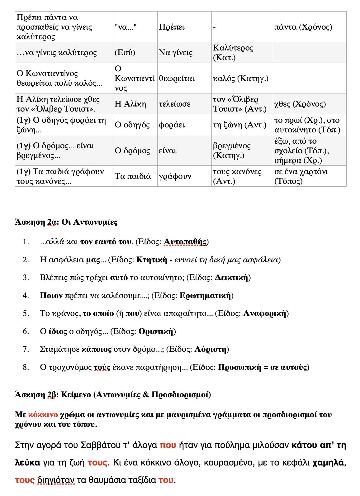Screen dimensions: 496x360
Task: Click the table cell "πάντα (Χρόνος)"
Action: pyautogui.click(x=303, y=27)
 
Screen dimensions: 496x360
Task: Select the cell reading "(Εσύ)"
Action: pyautogui.click(x=125, y=52)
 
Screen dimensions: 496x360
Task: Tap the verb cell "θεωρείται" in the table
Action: pyautogui.click(x=177, y=78)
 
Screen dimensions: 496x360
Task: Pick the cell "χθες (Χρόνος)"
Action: pyautogui.click(x=300, y=104)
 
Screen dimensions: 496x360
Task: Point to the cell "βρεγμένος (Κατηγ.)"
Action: pyautogui.click(x=232, y=150)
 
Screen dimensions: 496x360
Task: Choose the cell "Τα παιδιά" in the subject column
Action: pyautogui.click(x=133, y=176)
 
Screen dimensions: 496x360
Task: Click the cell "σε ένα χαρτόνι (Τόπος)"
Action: pyautogui.click(x=301, y=176)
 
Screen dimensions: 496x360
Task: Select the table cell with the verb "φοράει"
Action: pyautogui.click(x=172, y=125)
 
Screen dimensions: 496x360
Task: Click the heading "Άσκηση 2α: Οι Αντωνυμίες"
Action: pyautogui.click(x=66, y=222)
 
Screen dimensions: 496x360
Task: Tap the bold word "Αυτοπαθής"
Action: pyautogui.click(x=185, y=242)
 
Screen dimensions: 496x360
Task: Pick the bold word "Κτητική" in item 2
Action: pyautogui.click(x=152, y=260)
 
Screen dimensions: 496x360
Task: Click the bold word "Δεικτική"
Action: pyautogui.click(x=231, y=278)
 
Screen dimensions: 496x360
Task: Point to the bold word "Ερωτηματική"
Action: pyautogui.click(x=205, y=296)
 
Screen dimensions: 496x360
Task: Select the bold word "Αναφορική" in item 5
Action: pyautogui.click(x=264, y=313)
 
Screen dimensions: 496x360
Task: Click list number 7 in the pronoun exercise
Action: pyautogui.click(x=26, y=349)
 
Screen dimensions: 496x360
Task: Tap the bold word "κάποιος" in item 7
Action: pyautogui.click(x=97, y=349)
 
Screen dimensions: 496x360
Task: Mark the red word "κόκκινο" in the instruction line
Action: pyautogui.click(x=43, y=415)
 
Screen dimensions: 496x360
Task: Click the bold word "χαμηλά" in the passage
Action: pyautogui.click(x=328, y=463)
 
